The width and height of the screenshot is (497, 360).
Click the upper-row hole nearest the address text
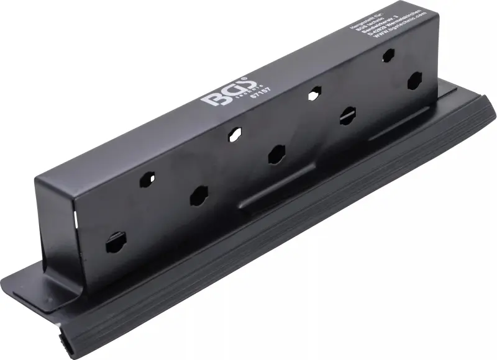388,55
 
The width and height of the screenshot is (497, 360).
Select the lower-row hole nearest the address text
414,80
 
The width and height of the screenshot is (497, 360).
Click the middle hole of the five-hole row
276,155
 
